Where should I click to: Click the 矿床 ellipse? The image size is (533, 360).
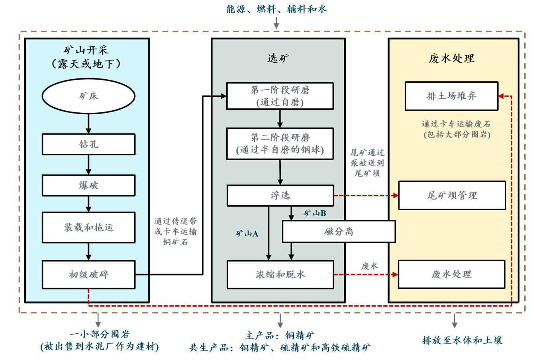tap(88, 96)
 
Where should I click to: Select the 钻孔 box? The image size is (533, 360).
tap(88, 144)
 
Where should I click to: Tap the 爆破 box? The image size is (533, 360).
tap(88, 185)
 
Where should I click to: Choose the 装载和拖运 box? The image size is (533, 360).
tap(88, 227)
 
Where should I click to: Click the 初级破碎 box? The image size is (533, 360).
tap(88, 274)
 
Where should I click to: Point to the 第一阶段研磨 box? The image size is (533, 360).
tap(280, 96)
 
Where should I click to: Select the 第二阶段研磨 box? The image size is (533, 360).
tap(280, 144)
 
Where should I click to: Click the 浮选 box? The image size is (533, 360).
tap(280, 195)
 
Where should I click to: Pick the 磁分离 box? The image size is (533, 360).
tap(339, 231)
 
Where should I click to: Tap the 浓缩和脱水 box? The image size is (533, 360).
tap(280, 274)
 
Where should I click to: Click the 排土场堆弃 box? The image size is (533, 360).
tap(451, 96)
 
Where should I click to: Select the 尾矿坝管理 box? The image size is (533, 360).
tap(452, 195)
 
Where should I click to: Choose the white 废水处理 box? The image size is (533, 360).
tap(451, 274)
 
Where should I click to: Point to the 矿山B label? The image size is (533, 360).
tap(315, 213)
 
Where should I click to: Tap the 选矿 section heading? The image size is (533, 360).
tap(278, 59)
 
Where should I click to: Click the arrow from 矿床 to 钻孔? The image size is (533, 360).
tap(88, 123)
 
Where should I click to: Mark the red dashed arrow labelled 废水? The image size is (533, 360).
tap(366, 274)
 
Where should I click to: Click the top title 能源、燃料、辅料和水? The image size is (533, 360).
tap(276, 9)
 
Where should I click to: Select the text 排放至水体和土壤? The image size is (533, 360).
tap(462, 340)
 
